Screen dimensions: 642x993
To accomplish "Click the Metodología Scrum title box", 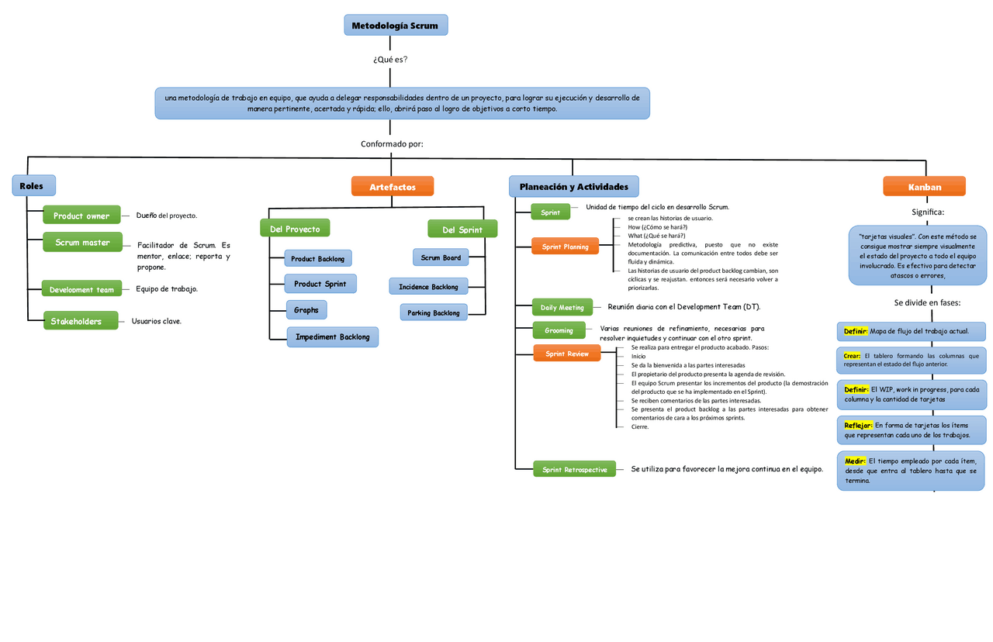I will pyautogui.click(x=396, y=26).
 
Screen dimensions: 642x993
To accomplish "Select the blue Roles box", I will pyautogui.click(x=33, y=186).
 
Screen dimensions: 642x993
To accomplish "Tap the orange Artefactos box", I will pyautogui.click(x=392, y=187).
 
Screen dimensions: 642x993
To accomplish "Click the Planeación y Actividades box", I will pyautogui.click(x=573, y=187).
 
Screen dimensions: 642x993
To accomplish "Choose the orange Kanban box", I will pyautogui.click(x=924, y=187).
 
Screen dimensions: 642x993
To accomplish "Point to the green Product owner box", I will pyautogui.click(x=81, y=216).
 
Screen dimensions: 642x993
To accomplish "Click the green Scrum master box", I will pyautogui.click(x=82, y=242).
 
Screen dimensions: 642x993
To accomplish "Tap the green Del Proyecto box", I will pyautogui.click(x=295, y=229).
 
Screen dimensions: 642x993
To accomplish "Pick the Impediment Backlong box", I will pyautogui.click(x=332, y=337).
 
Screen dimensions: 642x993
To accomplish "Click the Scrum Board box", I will pyautogui.click(x=441, y=257).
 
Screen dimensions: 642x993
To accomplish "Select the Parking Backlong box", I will pyautogui.click(x=434, y=312).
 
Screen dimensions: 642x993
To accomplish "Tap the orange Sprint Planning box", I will pyautogui.click(x=565, y=247).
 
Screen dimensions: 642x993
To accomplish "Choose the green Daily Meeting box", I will pyautogui.click(x=562, y=307).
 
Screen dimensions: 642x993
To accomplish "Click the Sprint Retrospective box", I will pyautogui.click(x=574, y=469).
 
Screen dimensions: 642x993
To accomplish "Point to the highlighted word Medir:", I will pyautogui.click(x=855, y=461).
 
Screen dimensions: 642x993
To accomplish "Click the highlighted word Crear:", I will pyautogui.click(x=852, y=355).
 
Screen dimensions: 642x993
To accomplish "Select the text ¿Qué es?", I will pyautogui.click(x=390, y=60).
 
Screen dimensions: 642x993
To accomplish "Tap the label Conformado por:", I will pyautogui.click(x=392, y=144).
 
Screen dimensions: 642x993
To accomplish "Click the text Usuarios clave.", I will pyautogui.click(x=156, y=321).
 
